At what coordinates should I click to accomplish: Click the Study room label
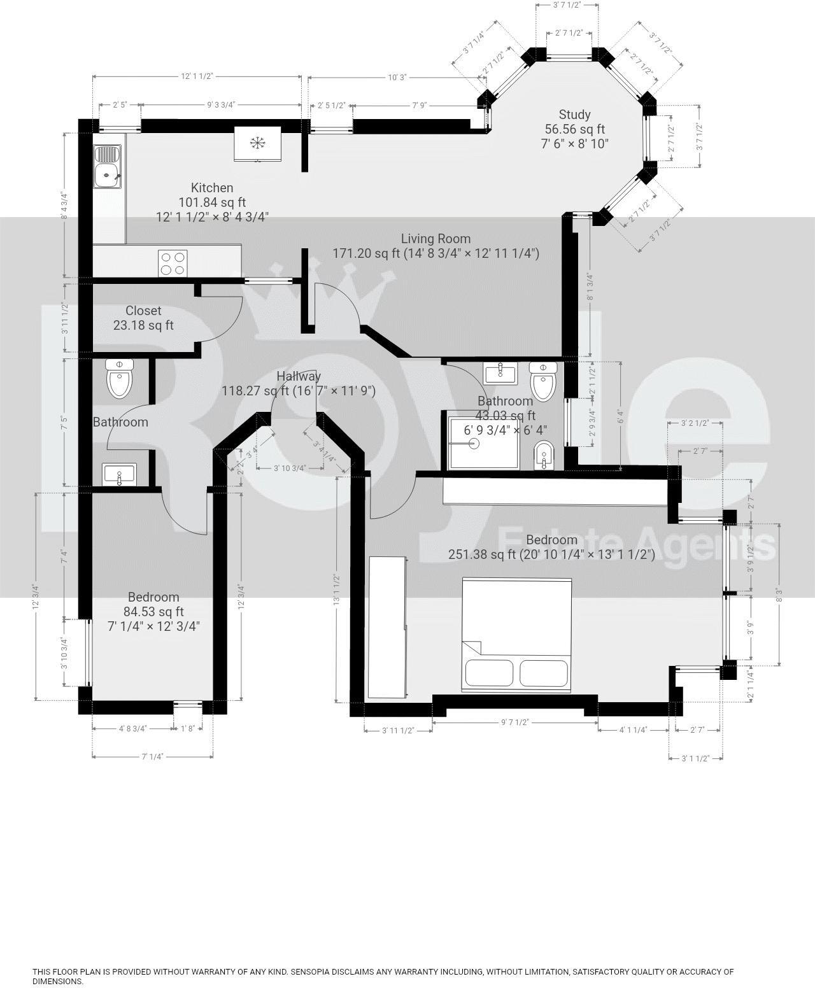[x=574, y=115]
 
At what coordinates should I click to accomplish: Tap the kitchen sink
[x=107, y=167]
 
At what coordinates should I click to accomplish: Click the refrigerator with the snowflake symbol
[x=257, y=144]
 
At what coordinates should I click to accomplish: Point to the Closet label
[x=143, y=311]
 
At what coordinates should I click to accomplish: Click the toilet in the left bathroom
[x=120, y=379]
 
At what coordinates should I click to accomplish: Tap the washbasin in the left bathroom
[x=119, y=474]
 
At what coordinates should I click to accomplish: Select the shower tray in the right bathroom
[x=474, y=442]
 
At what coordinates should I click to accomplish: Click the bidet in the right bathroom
[x=542, y=455]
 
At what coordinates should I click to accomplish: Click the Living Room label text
[x=436, y=239]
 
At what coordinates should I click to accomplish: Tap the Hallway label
[x=299, y=376]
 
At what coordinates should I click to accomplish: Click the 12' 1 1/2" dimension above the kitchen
[x=196, y=76]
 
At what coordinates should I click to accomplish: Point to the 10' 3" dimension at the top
[x=397, y=77]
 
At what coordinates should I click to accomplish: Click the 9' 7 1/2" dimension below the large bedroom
[x=515, y=723]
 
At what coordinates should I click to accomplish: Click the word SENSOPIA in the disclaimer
[x=316, y=972]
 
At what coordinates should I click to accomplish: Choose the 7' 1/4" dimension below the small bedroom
[x=152, y=756]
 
